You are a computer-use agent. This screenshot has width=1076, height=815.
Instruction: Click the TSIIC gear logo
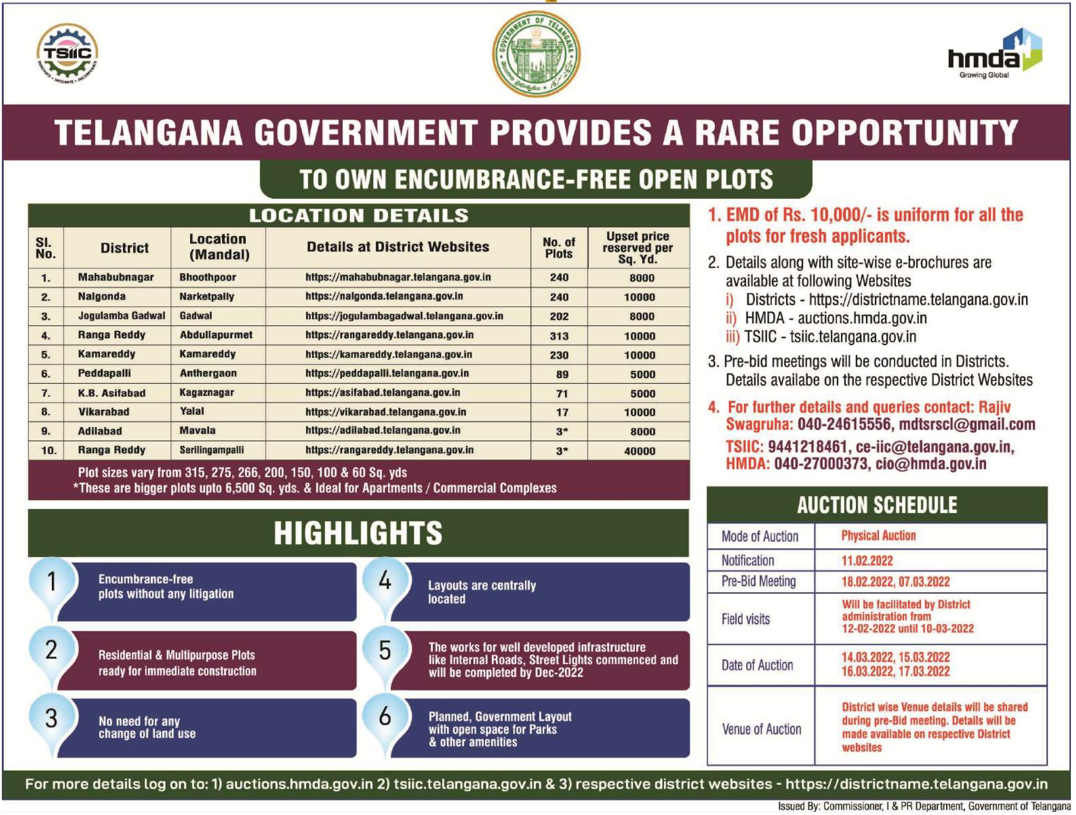coord(68,55)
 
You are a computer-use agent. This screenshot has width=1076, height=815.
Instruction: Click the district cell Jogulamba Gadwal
coord(122,316)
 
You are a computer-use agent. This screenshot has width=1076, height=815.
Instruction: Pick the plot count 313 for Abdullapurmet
coord(559,336)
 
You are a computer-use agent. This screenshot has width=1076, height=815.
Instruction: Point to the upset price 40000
coord(639,451)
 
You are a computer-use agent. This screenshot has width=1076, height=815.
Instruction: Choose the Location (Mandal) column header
coord(218,247)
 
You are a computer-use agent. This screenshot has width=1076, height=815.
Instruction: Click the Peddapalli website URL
coord(387,374)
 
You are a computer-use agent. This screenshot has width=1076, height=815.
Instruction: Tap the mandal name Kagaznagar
coord(207,393)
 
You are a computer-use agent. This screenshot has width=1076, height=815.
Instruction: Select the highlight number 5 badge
coord(385,650)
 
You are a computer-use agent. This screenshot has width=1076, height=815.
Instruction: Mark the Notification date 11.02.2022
coord(867,561)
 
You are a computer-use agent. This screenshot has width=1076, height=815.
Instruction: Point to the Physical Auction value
coord(879,535)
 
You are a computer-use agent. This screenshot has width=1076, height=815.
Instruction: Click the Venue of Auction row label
coord(761,729)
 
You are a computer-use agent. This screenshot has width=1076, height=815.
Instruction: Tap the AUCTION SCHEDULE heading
coord(877,505)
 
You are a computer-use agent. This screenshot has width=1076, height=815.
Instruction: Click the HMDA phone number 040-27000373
coord(821,463)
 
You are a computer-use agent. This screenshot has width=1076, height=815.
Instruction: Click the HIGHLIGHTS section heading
coord(358,533)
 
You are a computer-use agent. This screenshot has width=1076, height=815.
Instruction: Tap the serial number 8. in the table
coord(45,412)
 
